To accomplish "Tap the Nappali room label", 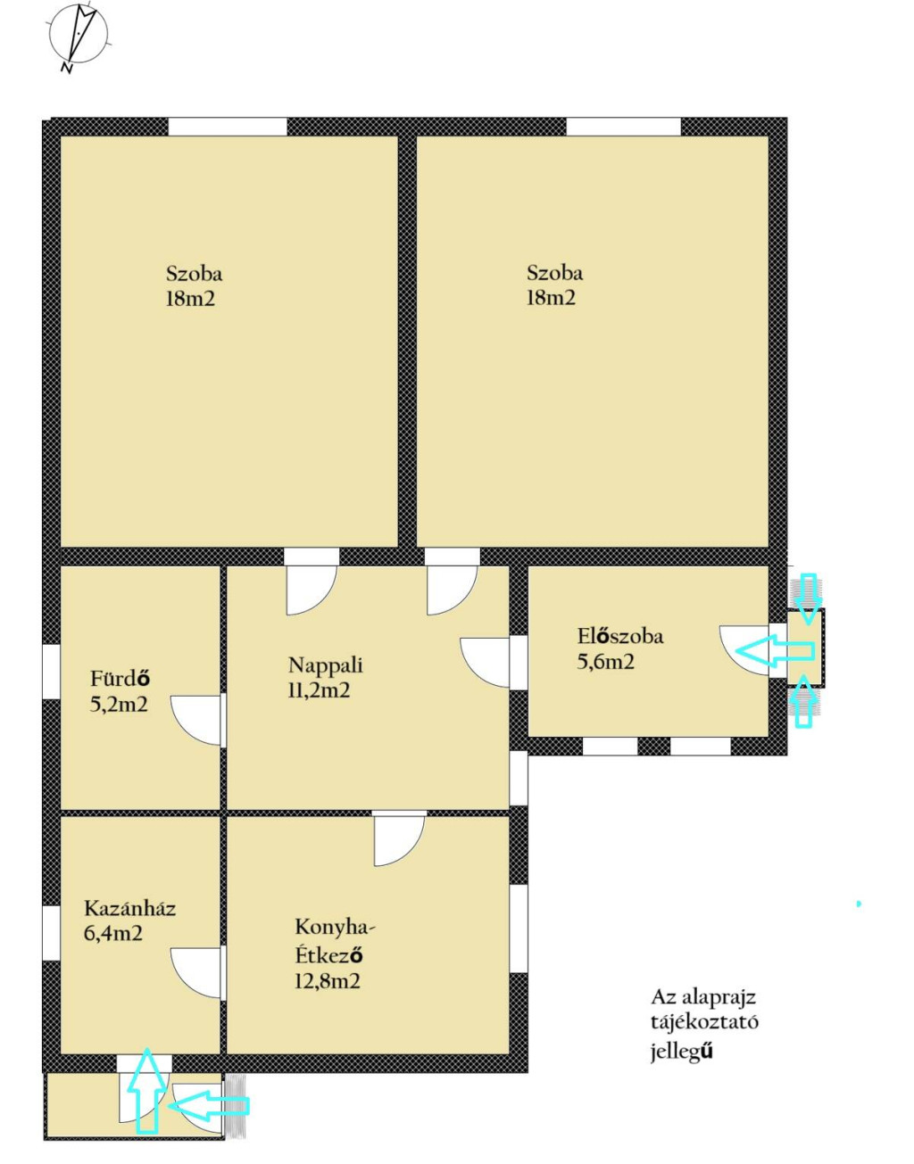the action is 326,665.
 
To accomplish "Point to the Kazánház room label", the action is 129,909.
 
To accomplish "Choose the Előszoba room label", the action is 620,636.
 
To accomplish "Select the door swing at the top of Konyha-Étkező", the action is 399,841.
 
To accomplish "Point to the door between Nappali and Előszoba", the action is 485,663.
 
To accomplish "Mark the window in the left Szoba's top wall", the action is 228,127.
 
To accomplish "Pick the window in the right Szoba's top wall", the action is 623,127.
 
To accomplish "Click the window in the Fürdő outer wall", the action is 52,672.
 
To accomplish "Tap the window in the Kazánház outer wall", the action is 52,934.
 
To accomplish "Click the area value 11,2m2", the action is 319,690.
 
